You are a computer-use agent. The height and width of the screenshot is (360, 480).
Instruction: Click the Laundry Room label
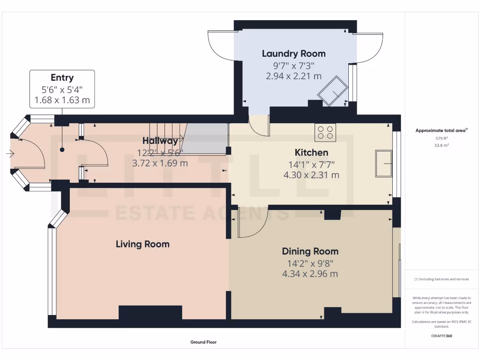(293, 53)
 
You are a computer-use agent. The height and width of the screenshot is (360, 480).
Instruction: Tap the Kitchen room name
(311, 152)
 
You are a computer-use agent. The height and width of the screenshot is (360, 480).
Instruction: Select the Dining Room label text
(310, 251)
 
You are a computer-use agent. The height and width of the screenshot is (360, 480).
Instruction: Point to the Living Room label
(142, 244)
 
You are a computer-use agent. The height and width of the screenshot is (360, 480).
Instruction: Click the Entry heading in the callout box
(62, 78)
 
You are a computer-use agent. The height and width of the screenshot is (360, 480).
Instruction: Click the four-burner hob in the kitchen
(325, 132)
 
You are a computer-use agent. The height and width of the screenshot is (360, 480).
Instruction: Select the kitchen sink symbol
(383, 164)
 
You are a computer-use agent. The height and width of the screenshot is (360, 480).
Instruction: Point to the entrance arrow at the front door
(9, 153)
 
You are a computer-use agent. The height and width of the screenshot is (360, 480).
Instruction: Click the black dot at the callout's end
(62, 150)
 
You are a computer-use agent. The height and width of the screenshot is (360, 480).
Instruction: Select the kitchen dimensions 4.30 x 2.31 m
(311, 175)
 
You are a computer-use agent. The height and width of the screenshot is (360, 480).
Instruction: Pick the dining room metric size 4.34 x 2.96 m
(310, 274)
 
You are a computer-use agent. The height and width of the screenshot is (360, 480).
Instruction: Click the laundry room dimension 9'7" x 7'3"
(293, 66)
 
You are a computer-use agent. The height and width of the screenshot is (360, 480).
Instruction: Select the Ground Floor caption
(203, 342)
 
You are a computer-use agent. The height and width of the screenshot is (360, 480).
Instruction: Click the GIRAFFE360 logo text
(442, 336)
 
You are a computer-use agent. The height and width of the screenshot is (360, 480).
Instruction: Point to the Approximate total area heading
(442, 131)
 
